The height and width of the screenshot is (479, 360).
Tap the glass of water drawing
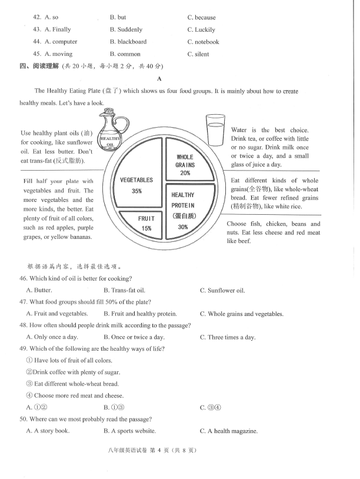pyautogui.click(x=215, y=129)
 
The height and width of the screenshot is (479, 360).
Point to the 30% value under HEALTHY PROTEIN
pyautogui.click(x=183, y=227)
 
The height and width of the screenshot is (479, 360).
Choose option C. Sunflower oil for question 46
pyautogui.click(x=222, y=290)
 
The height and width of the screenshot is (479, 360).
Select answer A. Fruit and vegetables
pyautogui.click(x=57, y=314)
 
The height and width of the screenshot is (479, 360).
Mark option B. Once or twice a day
pyautogui.click(x=134, y=337)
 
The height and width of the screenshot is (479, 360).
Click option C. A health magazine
pyautogui.click(x=229, y=431)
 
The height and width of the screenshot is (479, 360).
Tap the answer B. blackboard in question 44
pyautogui.click(x=128, y=42)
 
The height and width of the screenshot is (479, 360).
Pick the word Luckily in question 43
pyautogui.click(x=205, y=29)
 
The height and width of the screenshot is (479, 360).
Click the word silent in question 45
pyautogui.click(x=202, y=54)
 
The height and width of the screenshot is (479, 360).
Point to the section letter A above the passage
pyautogui.click(x=159, y=79)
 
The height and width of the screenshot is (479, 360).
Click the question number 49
pyautogui.click(x=24, y=348)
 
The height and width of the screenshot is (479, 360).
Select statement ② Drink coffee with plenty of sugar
pyautogui.click(x=74, y=372)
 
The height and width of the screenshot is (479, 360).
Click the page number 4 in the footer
pyautogui.click(x=159, y=450)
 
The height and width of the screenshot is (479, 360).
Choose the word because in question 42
pyautogui.click(x=205, y=18)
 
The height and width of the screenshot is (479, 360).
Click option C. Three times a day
pyautogui.click(x=228, y=337)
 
